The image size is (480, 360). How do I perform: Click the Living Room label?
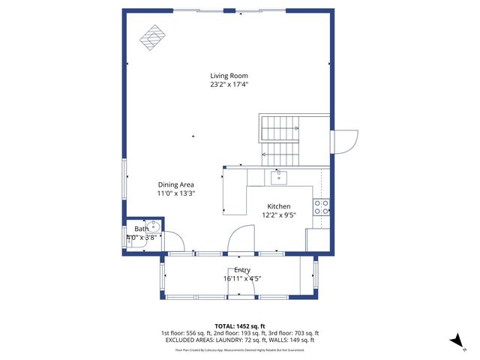229,76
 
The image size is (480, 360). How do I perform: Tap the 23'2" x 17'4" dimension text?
229,85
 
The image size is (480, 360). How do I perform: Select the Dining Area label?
176,184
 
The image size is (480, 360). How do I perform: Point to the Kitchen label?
279,206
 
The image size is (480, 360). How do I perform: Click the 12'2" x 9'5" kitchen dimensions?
279,215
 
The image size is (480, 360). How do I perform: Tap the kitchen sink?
277,178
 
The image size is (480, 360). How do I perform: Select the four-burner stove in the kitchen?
321,207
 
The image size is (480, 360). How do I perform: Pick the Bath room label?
142,229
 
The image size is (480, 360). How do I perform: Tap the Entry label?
242,270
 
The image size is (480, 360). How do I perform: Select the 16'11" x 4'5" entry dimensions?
242,279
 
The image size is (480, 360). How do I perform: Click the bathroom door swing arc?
174,241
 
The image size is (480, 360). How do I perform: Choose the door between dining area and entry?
238,240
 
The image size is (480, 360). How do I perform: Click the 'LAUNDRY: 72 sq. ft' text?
238,340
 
